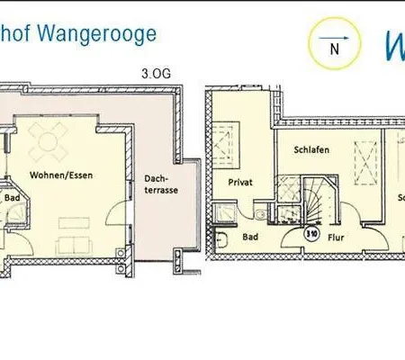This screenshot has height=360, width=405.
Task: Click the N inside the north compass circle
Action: coord(334,49)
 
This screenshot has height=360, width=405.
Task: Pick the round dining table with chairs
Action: coord(48,139)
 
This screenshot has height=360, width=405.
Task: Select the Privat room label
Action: coord(240,182)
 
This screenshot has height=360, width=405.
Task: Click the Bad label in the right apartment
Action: coord(251,238)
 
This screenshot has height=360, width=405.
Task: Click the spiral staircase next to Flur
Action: coord(315,200)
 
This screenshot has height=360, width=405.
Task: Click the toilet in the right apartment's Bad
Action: coord(221,239)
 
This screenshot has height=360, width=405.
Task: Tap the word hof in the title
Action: coord(15,35)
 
